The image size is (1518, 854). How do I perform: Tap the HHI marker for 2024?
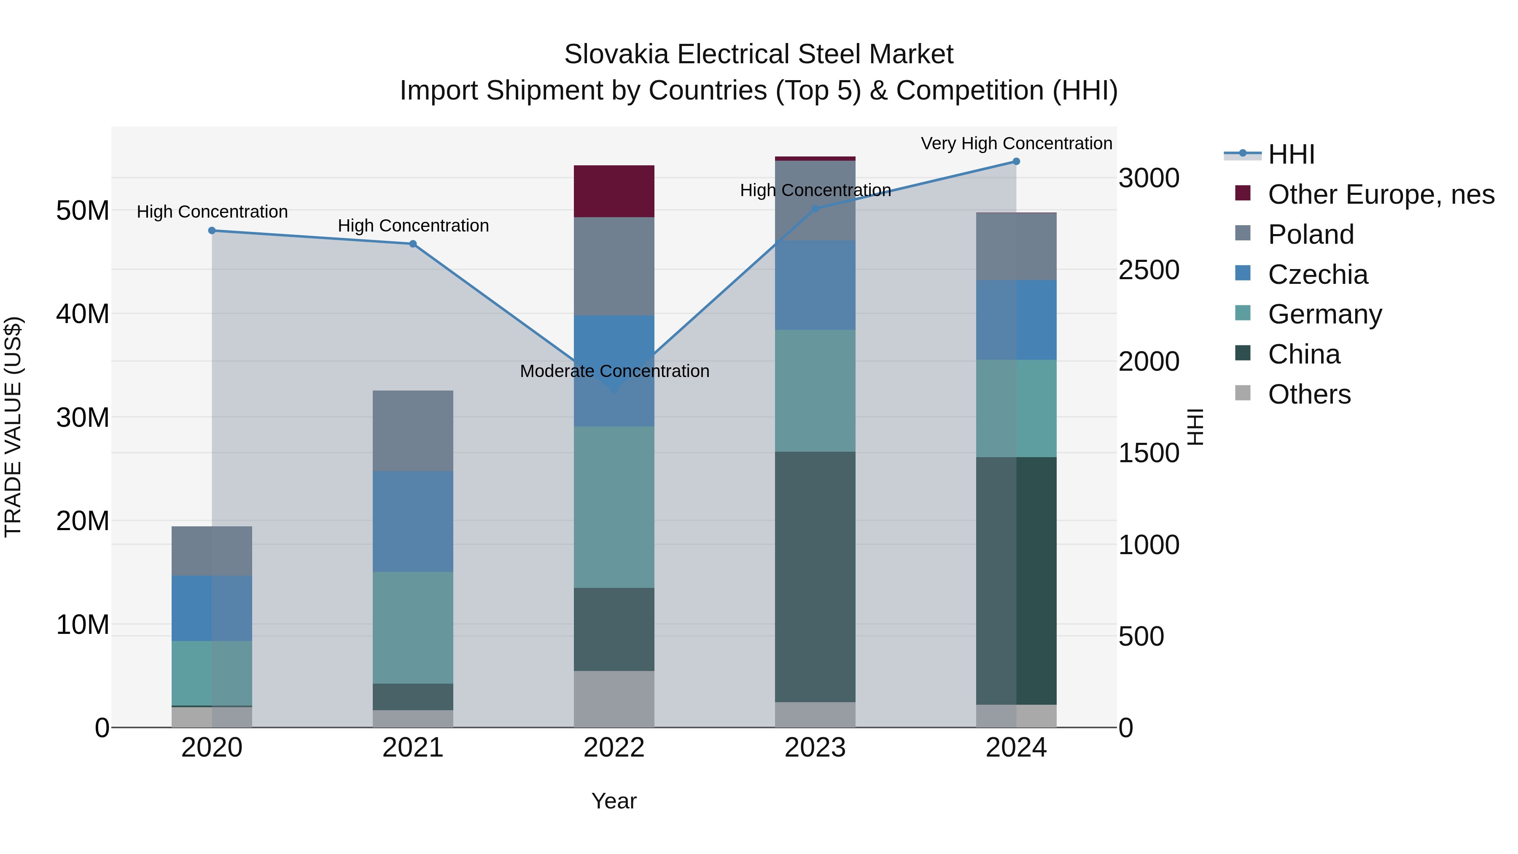pos(1016,162)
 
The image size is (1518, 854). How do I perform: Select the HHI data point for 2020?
pos(212,230)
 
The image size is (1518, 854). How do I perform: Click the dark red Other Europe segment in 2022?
pos(614,191)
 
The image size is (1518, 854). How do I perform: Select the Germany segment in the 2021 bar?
pos(413,627)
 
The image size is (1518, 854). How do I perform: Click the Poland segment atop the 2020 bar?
pos(212,551)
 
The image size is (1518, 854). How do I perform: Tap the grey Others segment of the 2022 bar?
pos(614,699)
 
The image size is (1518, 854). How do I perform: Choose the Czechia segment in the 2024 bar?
pos(1016,320)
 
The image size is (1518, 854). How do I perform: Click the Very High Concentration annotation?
pos(1016,143)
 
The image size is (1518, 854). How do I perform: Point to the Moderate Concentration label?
pos(614,371)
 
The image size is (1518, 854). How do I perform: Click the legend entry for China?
pos(1303,354)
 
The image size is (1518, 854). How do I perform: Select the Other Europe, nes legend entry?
pos(1381,194)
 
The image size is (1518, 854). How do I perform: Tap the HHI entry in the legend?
pos(1291,154)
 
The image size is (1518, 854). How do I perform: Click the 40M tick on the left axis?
pos(83,313)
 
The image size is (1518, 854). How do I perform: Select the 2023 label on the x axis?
pos(815,748)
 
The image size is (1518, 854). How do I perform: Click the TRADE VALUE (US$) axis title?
pos(13,427)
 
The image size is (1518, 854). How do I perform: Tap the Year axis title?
pos(614,801)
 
